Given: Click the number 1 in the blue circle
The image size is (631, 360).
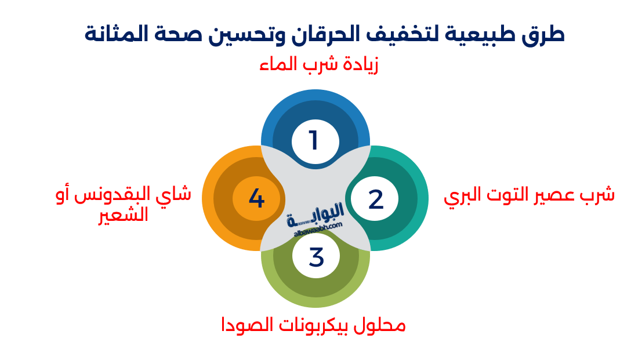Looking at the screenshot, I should coord(314,140).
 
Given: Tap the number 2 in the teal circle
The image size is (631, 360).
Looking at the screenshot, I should coord(376,199).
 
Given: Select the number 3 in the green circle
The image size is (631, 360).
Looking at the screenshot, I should coord(316,257).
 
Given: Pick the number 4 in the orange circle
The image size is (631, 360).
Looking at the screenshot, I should coord(256,199).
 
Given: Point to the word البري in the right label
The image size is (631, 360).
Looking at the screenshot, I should coord(465,196).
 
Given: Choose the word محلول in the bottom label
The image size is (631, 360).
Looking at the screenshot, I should coord(380,325).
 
